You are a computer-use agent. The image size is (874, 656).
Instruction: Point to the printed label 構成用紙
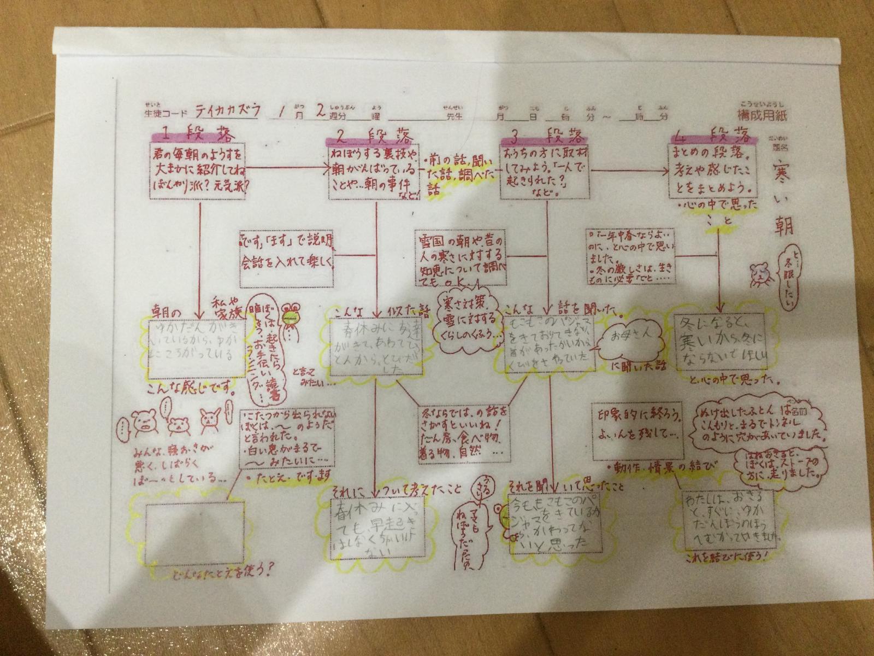click(x=763, y=115)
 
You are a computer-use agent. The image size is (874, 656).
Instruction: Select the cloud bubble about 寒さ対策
click(x=465, y=319)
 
